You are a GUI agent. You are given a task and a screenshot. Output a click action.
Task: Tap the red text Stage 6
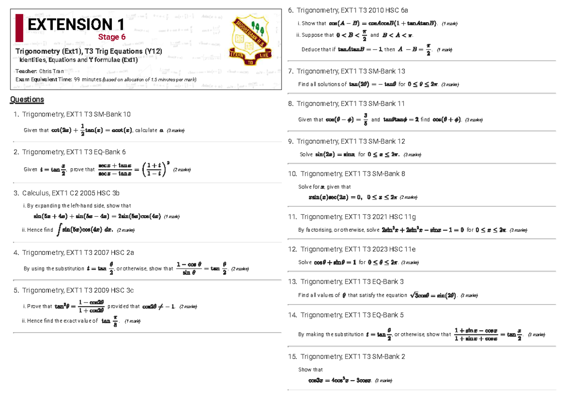pos(112,37)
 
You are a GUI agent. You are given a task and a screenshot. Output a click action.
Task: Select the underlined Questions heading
pos(27,99)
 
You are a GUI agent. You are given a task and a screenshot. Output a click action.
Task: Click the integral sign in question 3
pos(58,229)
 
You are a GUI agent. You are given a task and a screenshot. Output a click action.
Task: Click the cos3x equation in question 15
pos(340,381)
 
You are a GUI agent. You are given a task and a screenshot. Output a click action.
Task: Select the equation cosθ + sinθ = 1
pos(335,262)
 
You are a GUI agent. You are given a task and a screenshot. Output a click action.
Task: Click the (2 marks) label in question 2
pos(182,170)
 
